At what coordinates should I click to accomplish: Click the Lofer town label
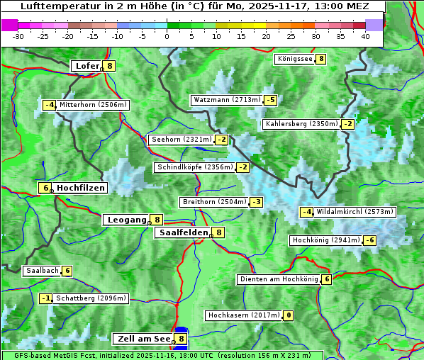point(87,66)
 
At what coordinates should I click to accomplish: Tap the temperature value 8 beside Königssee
point(321,59)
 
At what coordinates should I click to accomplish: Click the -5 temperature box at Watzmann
point(270,100)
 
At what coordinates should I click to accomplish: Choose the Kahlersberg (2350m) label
point(301,124)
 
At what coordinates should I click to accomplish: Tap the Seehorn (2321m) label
point(182,140)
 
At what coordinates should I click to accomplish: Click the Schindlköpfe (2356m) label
point(194,167)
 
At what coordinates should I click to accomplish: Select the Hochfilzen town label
point(81,188)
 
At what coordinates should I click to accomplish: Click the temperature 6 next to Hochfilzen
point(45,188)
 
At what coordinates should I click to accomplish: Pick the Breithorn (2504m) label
point(214,202)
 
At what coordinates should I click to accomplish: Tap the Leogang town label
point(126,220)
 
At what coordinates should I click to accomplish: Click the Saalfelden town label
point(184,232)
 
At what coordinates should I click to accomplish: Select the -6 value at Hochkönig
point(370,240)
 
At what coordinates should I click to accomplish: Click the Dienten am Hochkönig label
point(279,279)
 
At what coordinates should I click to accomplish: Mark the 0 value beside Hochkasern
point(289,315)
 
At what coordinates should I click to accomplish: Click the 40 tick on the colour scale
point(365,35)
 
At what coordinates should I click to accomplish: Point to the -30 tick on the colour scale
point(18,35)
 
